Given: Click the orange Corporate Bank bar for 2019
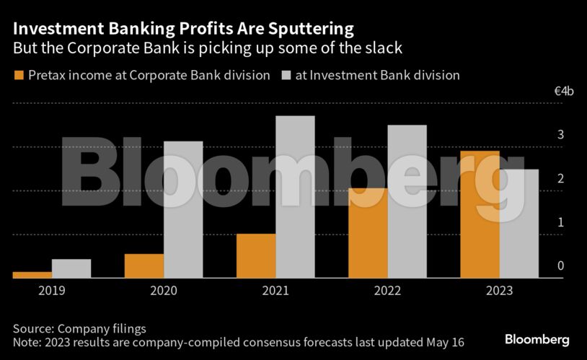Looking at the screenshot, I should tap(32, 274).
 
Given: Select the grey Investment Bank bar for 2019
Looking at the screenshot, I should tap(71, 268).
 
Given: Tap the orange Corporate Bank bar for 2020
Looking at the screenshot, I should tap(144, 265).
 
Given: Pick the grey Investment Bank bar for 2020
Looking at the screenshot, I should tap(183, 209).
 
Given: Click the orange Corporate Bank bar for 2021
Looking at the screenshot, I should tap(256, 255).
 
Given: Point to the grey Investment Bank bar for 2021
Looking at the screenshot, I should tap(295, 196).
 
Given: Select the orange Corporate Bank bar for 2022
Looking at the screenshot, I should tap(368, 232).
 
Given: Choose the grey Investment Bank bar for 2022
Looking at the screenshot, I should tap(407, 201).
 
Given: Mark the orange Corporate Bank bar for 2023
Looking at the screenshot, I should tap(480, 214).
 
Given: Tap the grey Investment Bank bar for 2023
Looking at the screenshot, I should tap(518, 224).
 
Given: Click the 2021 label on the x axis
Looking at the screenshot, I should tap(275, 291).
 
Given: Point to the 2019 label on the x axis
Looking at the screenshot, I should tap(52, 291).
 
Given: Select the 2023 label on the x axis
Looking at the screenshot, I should tap(499, 291).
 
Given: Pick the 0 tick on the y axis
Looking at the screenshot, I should tap(560, 266).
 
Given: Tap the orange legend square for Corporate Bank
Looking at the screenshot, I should tap(19, 75).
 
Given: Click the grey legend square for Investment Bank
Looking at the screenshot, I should tap(286, 75).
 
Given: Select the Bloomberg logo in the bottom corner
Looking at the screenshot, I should tap(537, 339).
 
